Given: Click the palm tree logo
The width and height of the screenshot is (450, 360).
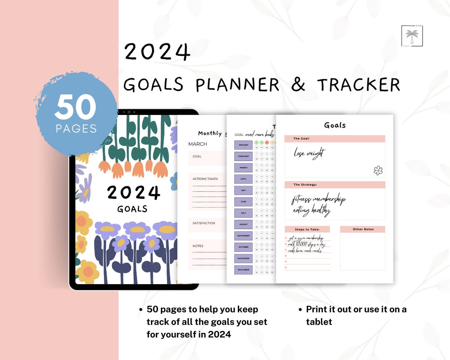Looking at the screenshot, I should pyautogui.click(x=412, y=36).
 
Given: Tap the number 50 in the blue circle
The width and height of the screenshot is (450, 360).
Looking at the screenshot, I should pyautogui.click(x=75, y=107).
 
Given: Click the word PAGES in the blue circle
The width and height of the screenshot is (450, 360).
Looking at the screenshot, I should pyautogui.click(x=76, y=129).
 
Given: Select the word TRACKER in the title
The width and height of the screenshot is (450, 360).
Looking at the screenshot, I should pyautogui.click(x=358, y=85).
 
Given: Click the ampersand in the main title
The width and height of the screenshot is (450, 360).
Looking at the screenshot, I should pyautogui.click(x=297, y=85).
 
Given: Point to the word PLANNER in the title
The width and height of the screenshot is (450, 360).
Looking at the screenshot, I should pyautogui.click(x=237, y=85).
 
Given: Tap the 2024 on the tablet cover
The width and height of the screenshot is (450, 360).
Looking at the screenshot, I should pyautogui.click(x=133, y=192).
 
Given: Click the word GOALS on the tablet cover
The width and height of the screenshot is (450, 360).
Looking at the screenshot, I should pyautogui.click(x=132, y=209).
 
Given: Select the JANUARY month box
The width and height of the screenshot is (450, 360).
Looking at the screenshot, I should pyautogui.click(x=243, y=145).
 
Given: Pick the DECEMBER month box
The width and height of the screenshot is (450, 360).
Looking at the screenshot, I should pyautogui.click(x=243, y=270).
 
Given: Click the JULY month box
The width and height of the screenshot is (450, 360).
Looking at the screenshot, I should pyautogui.click(x=243, y=213).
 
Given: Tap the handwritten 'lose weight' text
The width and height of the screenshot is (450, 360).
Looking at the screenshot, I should pyautogui.click(x=310, y=153).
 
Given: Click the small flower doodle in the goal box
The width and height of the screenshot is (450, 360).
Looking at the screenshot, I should pyautogui.click(x=378, y=170).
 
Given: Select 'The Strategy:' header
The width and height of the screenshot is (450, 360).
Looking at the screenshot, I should pyautogui.click(x=305, y=185).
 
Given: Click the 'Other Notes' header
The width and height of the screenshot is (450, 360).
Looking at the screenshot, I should pyautogui.click(x=363, y=229).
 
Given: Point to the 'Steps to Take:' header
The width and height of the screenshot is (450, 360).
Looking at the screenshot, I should pyautogui.click(x=307, y=229).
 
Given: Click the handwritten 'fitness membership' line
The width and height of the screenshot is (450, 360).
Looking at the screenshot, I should pyautogui.click(x=319, y=200).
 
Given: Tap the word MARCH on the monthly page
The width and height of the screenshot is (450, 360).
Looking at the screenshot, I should pyautogui.click(x=197, y=144).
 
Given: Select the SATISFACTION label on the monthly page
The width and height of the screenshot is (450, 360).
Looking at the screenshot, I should pyautogui.click(x=204, y=223).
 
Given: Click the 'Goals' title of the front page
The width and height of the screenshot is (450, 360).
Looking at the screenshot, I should pyautogui.click(x=335, y=125).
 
